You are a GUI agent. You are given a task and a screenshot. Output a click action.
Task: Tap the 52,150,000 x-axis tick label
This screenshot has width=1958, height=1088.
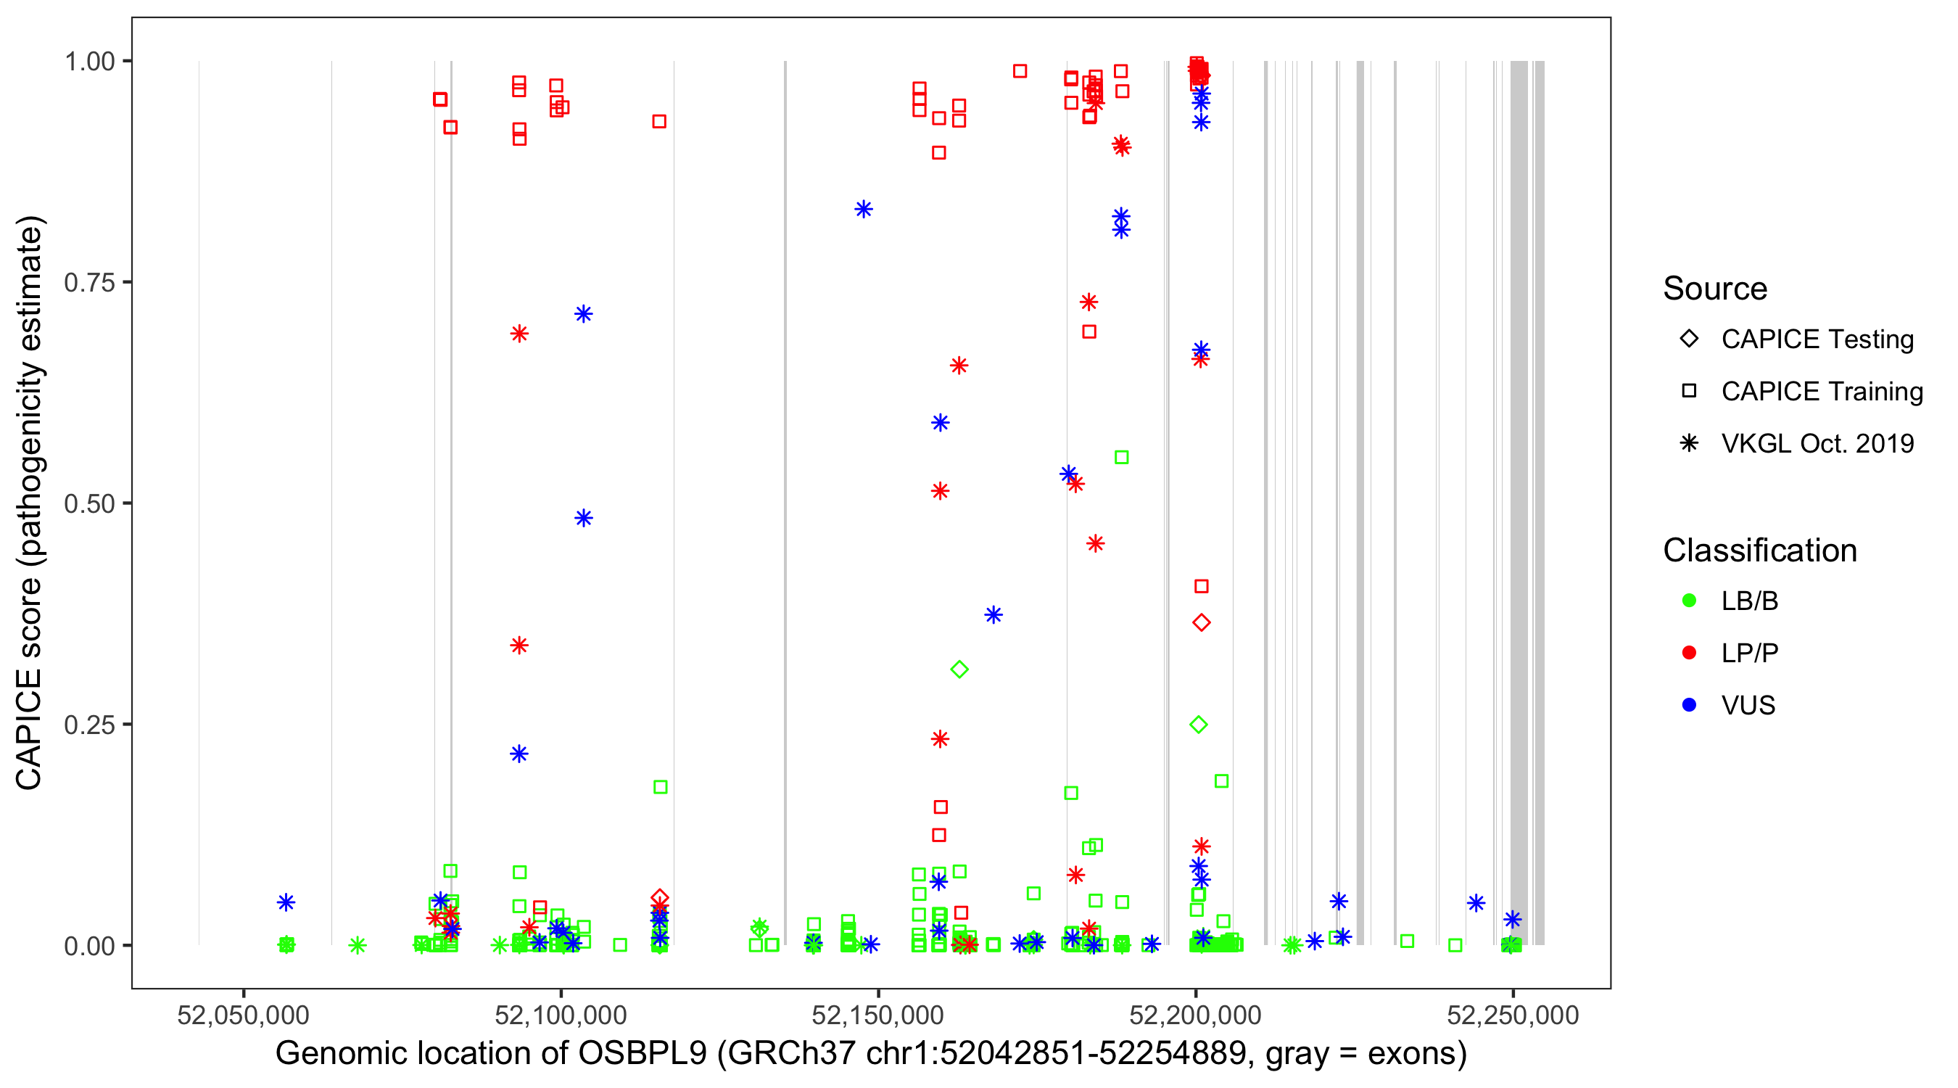click(878, 1015)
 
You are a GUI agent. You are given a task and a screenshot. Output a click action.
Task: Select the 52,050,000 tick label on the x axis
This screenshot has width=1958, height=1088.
click(243, 1015)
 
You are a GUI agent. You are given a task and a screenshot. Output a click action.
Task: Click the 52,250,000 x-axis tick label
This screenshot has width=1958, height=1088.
click(1513, 1015)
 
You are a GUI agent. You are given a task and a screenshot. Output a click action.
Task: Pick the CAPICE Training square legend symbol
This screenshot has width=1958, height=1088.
click(1689, 392)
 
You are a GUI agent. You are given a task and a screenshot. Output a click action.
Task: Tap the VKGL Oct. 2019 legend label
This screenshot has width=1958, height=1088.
click(1817, 444)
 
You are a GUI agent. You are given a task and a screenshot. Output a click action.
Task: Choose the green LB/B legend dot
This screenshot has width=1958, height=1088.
click(1689, 601)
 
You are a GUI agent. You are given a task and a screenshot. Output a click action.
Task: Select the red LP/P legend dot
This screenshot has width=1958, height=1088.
click(1689, 653)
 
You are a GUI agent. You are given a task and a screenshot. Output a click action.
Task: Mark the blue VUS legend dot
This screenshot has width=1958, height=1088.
click(1689, 706)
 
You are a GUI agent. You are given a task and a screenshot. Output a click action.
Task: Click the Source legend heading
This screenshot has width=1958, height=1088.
click(1715, 289)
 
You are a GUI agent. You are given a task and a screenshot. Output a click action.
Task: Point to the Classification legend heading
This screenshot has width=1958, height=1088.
click(1759, 551)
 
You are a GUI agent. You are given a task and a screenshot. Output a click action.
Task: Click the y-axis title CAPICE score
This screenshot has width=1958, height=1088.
click(30, 503)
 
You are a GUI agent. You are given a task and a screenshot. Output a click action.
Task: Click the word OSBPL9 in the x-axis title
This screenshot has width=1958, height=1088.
click(643, 1054)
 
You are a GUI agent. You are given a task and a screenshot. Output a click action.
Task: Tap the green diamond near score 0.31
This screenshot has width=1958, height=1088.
click(959, 669)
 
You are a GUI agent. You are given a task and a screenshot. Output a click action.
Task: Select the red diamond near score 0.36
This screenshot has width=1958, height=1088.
click(1202, 622)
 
